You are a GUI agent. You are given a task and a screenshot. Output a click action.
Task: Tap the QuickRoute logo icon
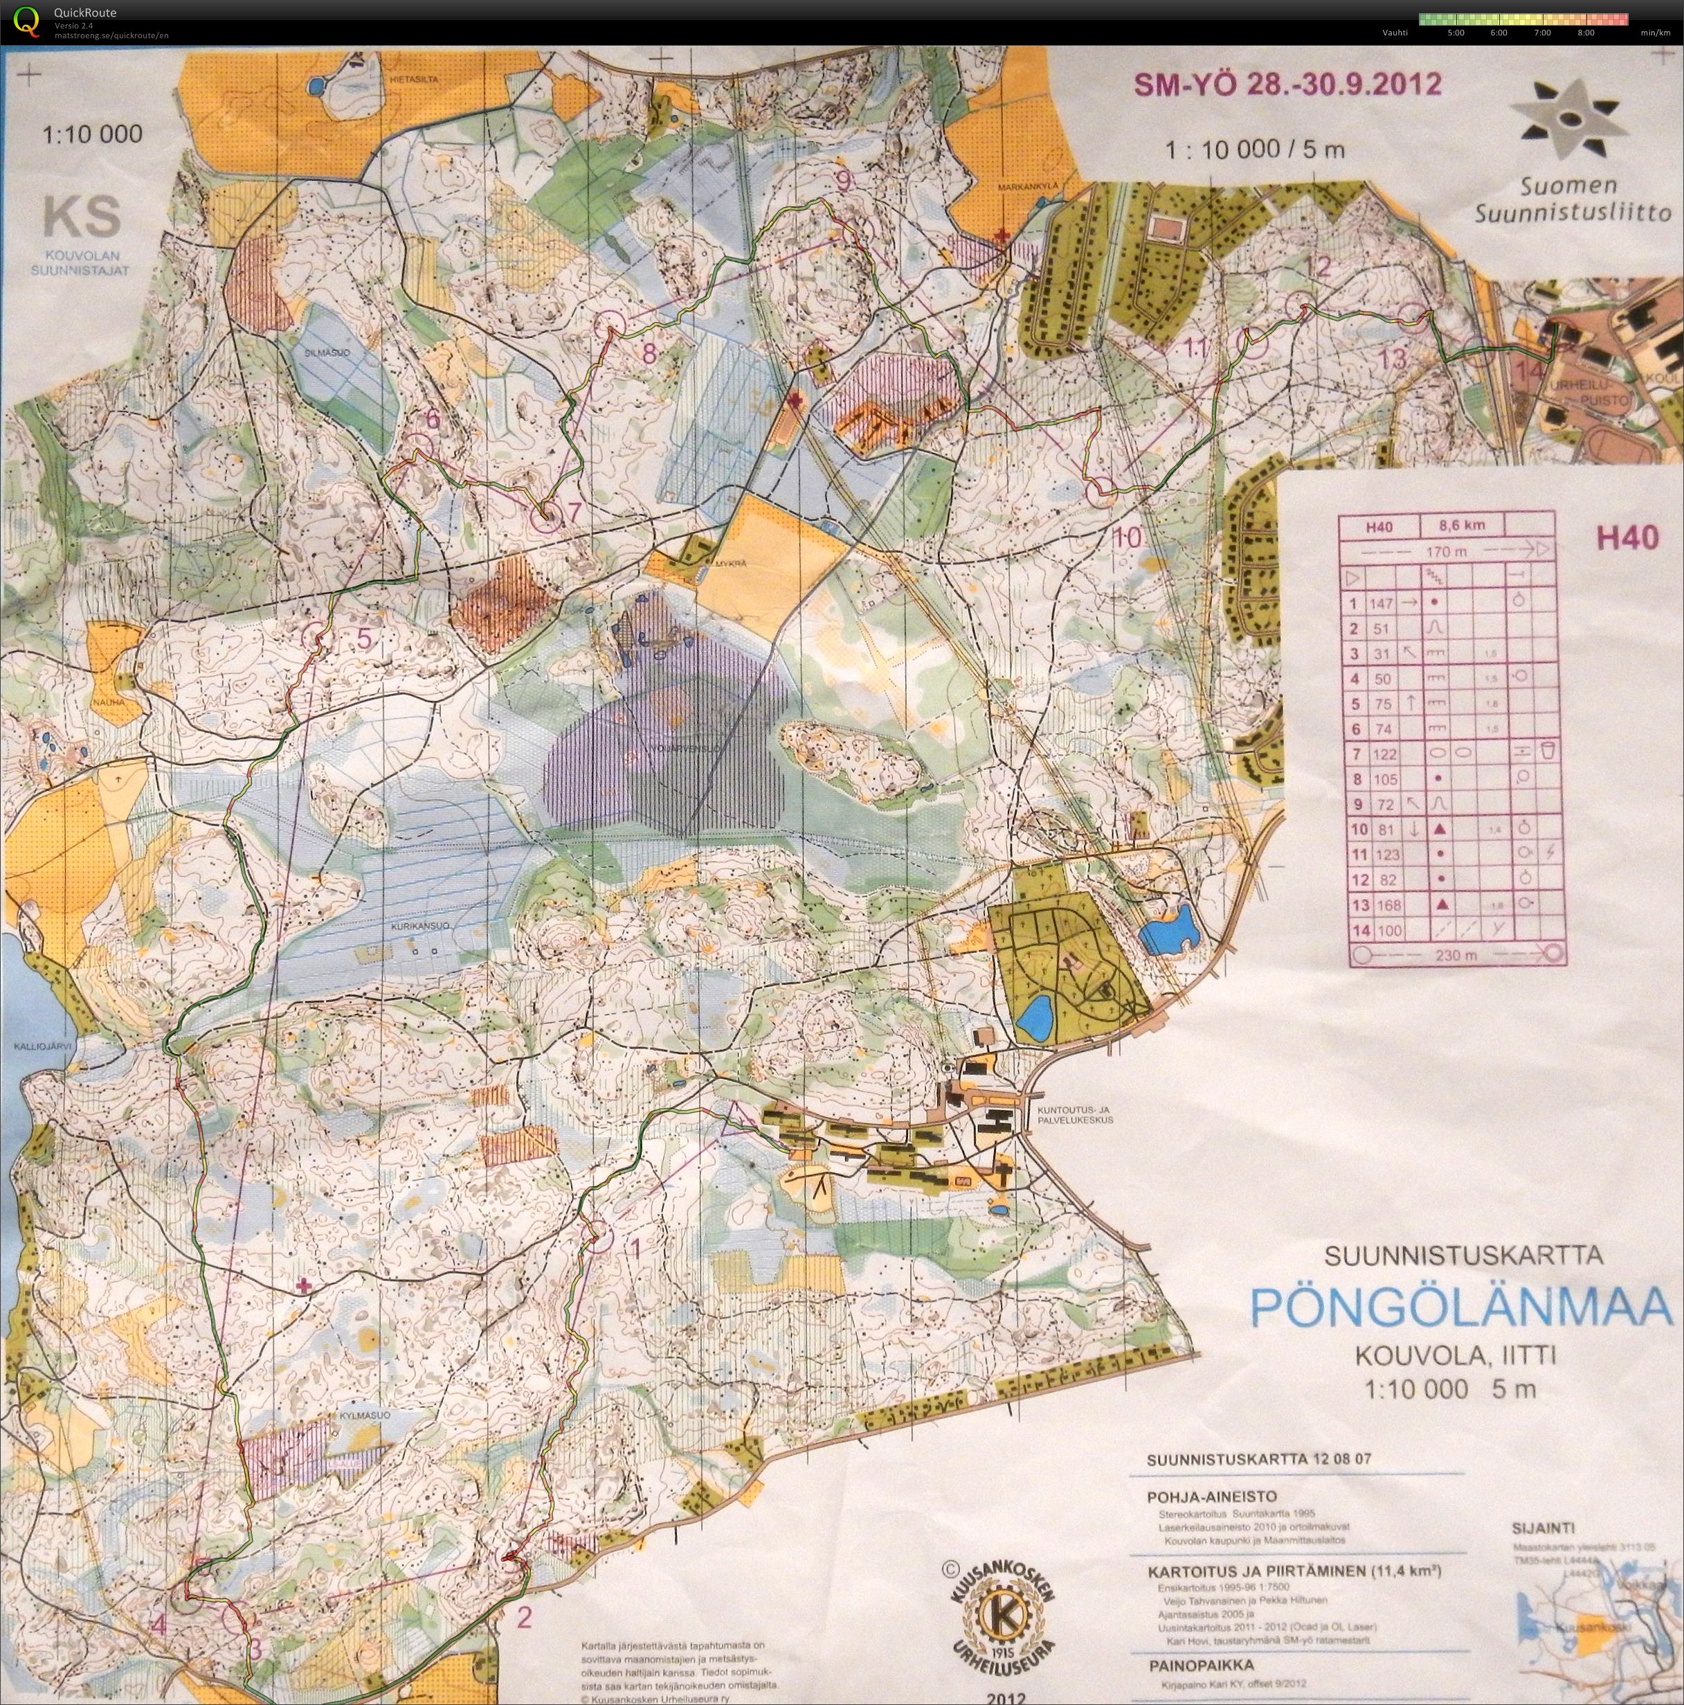pyautogui.click(x=28, y=20)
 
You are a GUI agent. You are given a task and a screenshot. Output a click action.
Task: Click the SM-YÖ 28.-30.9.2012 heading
pyautogui.click(x=1287, y=84)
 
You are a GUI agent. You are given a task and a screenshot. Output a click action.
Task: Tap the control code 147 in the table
pyautogui.click(x=1381, y=604)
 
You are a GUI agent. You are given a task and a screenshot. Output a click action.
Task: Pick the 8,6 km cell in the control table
pyautogui.click(x=1462, y=525)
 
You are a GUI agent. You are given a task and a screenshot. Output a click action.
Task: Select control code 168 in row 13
pyautogui.click(x=1382, y=904)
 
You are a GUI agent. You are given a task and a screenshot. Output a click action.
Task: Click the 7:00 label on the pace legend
pyautogui.click(x=1541, y=33)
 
